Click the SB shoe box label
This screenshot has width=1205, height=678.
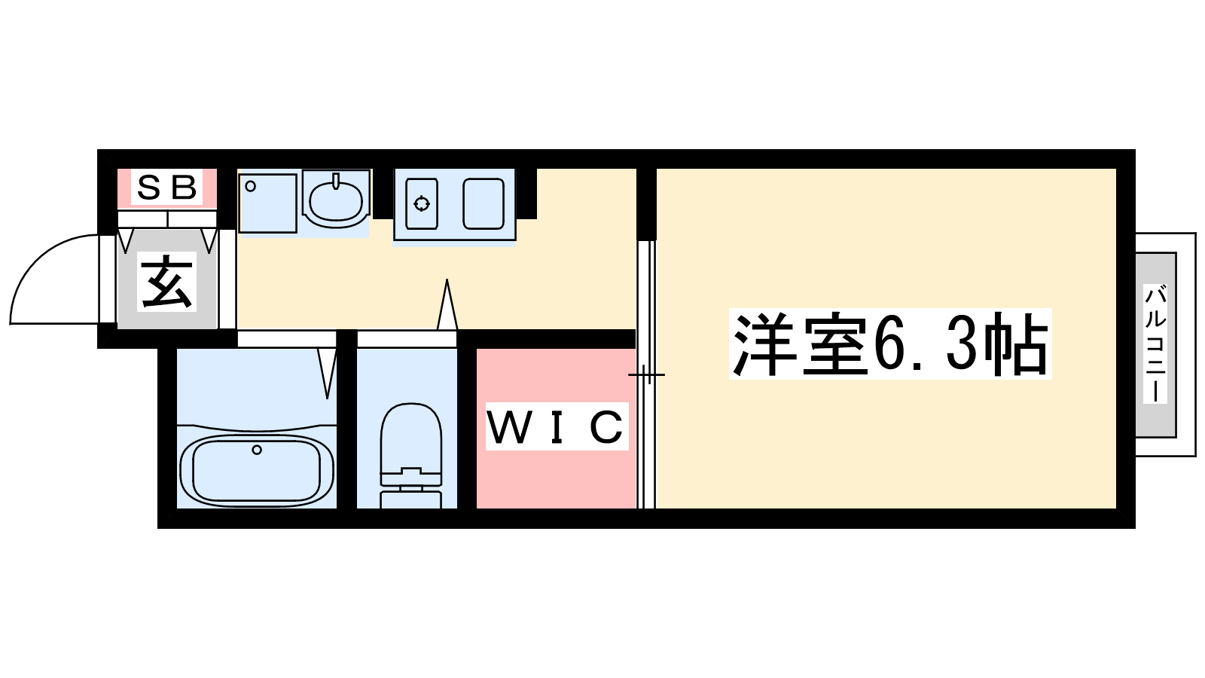(x=166, y=188)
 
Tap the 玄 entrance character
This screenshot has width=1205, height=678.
(x=166, y=282)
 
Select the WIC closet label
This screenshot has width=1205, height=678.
(x=557, y=426)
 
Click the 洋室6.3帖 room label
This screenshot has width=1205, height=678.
(x=890, y=344)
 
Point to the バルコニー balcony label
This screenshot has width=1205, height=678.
(x=1155, y=344)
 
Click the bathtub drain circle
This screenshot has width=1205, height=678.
(x=257, y=450)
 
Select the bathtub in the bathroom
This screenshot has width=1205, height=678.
(x=257, y=472)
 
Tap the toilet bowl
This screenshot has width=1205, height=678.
(x=411, y=436)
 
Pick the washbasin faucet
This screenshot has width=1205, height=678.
(x=337, y=181)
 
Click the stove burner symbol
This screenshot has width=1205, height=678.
(x=422, y=204)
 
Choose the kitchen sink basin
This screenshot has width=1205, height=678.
(x=483, y=204)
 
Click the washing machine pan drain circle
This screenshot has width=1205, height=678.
(x=250, y=187)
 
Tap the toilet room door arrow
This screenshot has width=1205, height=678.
(x=447, y=304)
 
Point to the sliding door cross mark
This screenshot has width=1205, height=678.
(x=646, y=374)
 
